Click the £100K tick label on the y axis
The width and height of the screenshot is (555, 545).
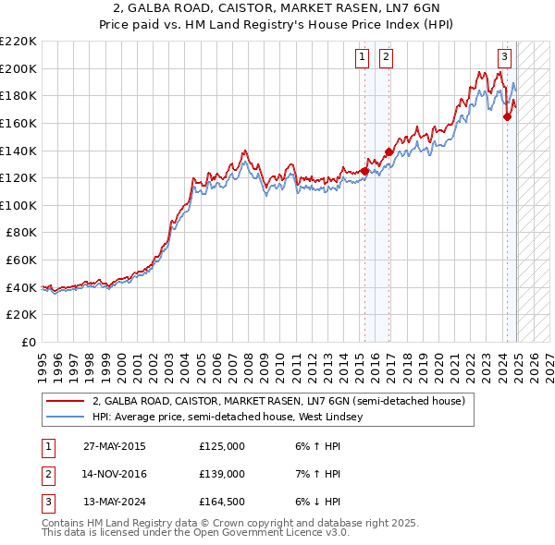18,205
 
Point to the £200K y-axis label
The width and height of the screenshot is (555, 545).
18,68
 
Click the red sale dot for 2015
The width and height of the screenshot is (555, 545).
365,171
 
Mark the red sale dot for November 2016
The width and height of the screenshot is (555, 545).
388,151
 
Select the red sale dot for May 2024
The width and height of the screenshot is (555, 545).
507,116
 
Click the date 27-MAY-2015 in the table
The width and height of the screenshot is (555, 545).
115,446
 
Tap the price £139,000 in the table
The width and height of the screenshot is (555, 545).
222,474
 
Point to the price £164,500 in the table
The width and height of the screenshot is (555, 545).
222,502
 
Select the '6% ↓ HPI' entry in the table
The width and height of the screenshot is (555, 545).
316,502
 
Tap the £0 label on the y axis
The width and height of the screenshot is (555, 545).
28,342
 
